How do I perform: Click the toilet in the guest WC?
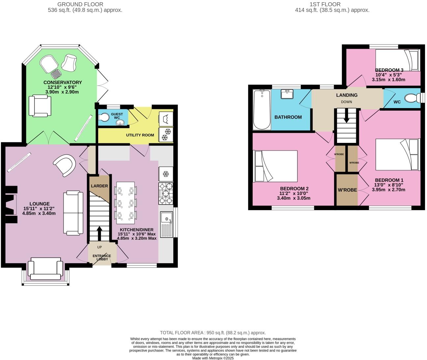[x=104, y=117]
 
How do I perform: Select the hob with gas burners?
[x=166, y=193]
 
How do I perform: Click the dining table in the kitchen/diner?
[x=125, y=201]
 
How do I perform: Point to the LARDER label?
[x=99, y=186]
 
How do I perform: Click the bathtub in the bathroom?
[x=261, y=110]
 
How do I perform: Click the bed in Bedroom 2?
[x=275, y=166]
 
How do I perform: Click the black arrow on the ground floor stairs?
[x=99, y=233]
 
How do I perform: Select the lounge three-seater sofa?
[x=73, y=212]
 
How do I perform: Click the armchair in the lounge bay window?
[x=45, y=268]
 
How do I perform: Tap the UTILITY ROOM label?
[x=140, y=135]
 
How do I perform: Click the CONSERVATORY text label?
[x=63, y=82]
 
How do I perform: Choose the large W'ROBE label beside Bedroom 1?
[x=347, y=190]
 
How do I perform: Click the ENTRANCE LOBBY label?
[x=101, y=258]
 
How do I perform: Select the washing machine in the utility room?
[x=166, y=118]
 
